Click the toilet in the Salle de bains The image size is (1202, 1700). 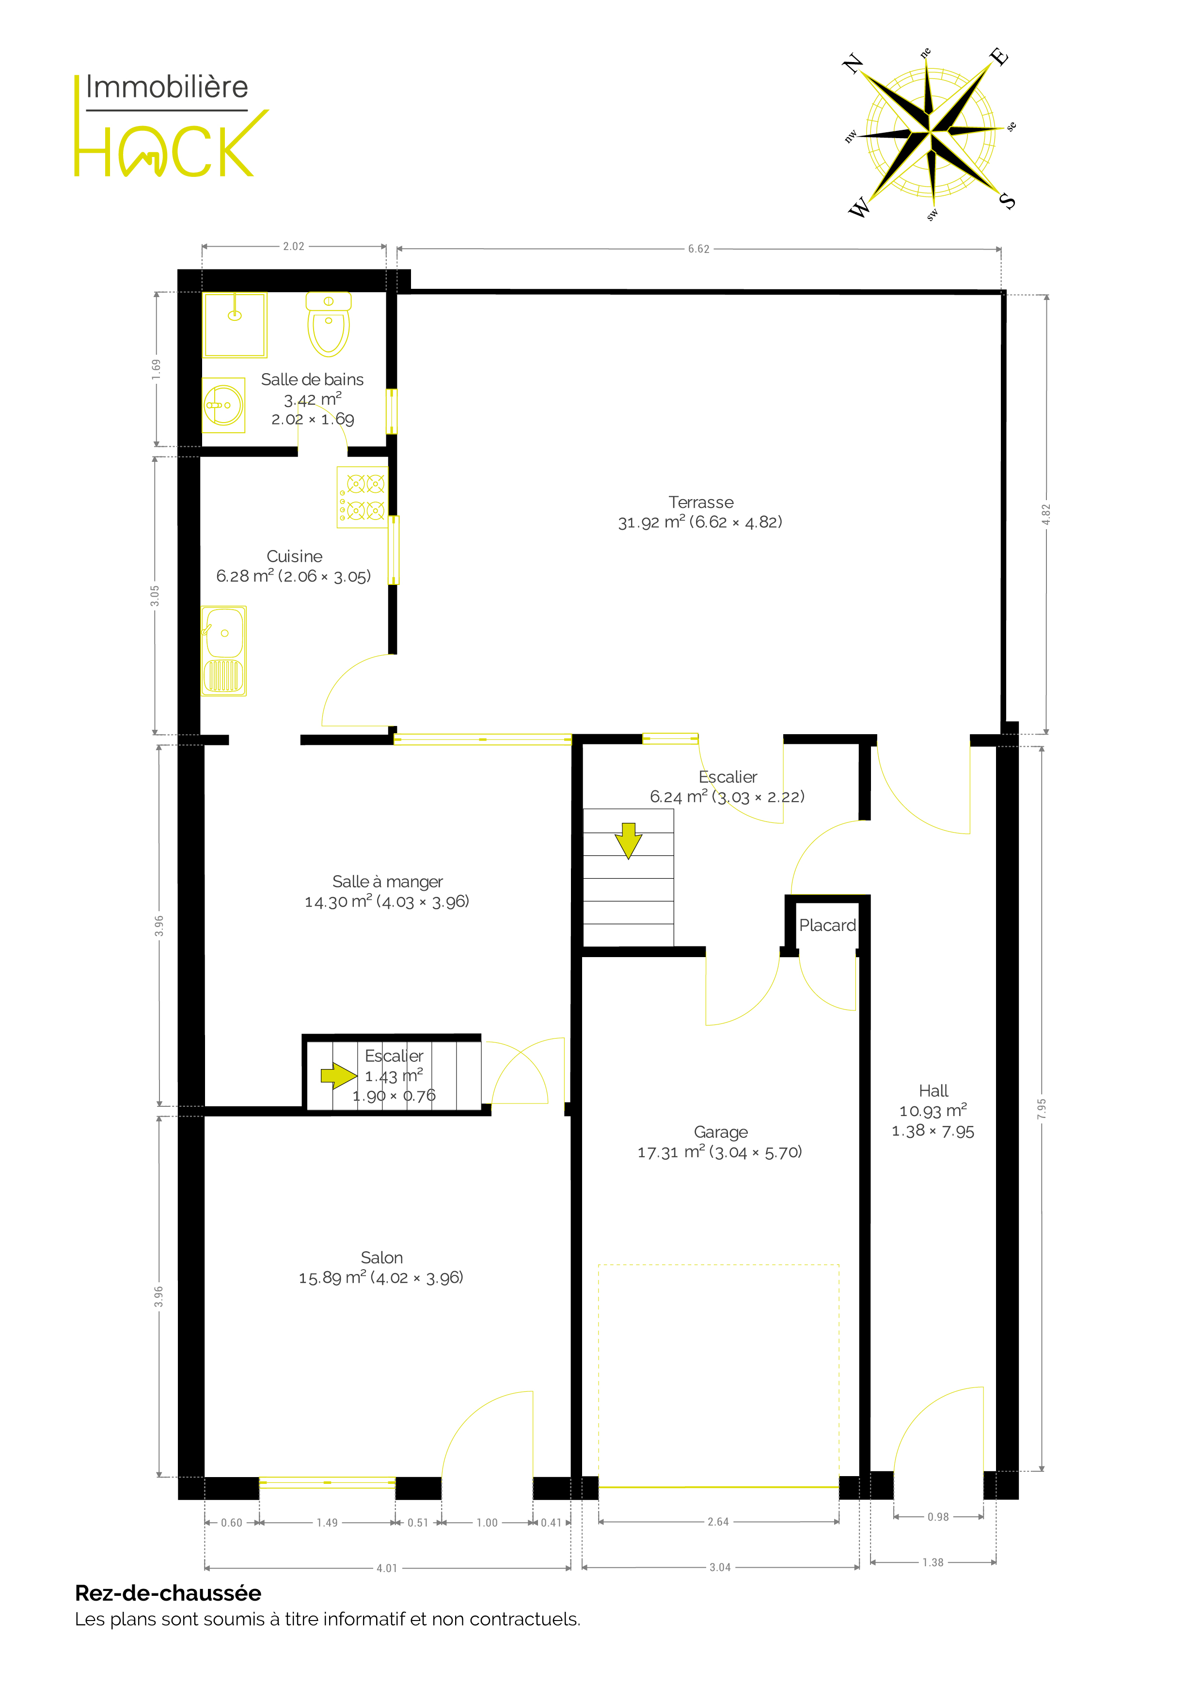(x=328, y=324)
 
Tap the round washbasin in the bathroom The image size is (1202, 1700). (x=223, y=405)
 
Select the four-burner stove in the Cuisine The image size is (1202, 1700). (x=362, y=497)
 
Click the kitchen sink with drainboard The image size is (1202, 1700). (x=223, y=651)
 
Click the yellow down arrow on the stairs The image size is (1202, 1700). (x=628, y=840)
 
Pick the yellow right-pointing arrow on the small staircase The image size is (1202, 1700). (x=338, y=1075)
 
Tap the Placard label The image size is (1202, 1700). (x=827, y=926)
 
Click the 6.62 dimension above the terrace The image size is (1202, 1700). (x=698, y=249)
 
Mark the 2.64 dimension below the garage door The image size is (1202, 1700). (x=718, y=1522)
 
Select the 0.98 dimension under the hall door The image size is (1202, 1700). (x=937, y=1516)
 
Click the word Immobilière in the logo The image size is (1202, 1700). (x=167, y=87)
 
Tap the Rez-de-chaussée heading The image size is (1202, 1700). (x=168, y=1592)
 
